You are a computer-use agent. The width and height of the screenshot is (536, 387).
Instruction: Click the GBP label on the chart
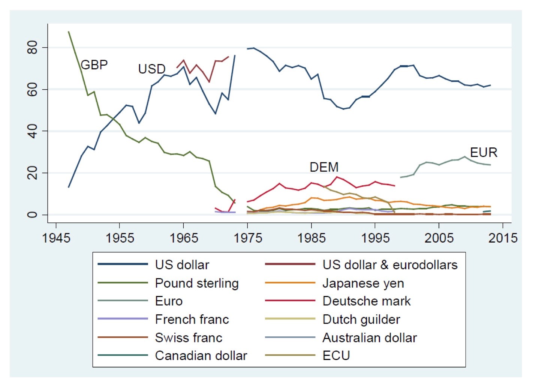[x=94, y=65]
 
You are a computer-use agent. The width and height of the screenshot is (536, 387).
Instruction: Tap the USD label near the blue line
[x=152, y=69]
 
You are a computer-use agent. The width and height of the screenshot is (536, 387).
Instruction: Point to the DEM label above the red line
[x=324, y=167]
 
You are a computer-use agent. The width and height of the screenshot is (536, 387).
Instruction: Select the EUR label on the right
[x=484, y=153]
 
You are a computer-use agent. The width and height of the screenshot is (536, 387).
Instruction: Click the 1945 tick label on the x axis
[x=56, y=238]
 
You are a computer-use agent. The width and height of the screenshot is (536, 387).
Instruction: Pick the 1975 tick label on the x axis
[x=248, y=238]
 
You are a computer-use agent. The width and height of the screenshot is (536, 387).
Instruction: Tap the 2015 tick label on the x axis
[x=503, y=238]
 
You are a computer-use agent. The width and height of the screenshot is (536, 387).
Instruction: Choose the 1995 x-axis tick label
[x=375, y=238]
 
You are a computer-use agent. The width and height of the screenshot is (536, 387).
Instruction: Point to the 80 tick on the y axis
[x=33, y=48]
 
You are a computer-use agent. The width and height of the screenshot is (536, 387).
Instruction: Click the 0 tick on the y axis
[x=33, y=214]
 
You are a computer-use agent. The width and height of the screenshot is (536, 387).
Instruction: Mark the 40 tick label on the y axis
[x=33, y=131]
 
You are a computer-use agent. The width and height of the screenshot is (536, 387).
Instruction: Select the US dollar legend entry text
[x=182, y=265]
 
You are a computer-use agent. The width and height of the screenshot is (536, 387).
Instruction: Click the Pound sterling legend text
[x=197, y=283]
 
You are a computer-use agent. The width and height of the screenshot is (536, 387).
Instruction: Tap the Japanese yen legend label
[x=363, y=283]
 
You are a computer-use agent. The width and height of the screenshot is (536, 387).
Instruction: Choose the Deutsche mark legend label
[x=367, y=301]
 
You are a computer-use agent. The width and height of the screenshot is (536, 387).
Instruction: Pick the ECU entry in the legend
[x=336, y=355]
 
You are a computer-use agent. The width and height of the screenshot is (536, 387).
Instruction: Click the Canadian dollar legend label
[x=201, y=355]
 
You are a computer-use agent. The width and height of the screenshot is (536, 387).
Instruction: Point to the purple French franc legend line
[x=123, y=319]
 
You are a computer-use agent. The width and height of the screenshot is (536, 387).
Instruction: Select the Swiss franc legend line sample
[x=123, y=337]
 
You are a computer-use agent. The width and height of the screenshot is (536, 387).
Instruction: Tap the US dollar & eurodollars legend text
[x=390, y=265]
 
